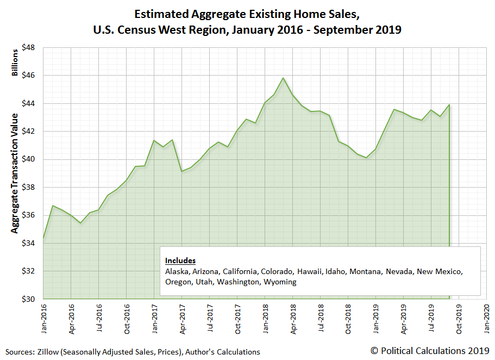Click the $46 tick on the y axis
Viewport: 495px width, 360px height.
pyautogui.click(x=29, y=76)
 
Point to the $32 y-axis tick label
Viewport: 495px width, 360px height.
pyautogui.click(x=29, y=271)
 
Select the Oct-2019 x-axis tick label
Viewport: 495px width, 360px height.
pyautogui.click(x=458, y=318)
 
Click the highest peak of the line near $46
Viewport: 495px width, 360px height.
pyautogui.click(x=283, y=78)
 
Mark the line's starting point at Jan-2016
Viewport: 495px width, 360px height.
pyautogui.click(x=43, y=238)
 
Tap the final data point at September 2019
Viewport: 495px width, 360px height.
pyautogui.click(x=449, y=105)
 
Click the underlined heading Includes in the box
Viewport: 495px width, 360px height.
pyautogui.click(x=180, y=260)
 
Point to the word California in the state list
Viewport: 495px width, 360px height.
pyautogui.click(x=239, y=271)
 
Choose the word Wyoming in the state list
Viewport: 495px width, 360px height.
pyautogui.click(x=280, y=282)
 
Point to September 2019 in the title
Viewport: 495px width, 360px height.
pyautogui.click(x=361, y=29)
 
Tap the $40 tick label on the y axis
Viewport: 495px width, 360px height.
pyautogui.click(x=29, y=159)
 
